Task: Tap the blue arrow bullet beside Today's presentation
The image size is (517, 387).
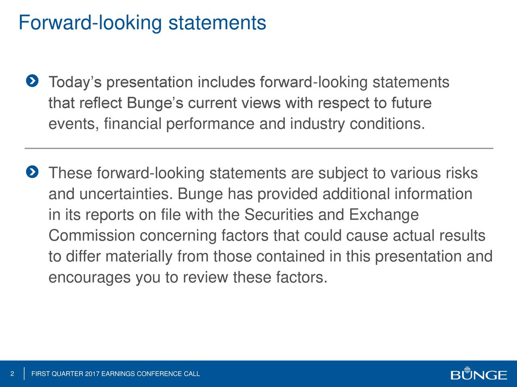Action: (x=32, y=81)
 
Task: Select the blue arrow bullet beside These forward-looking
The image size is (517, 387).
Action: (x=32, y=172)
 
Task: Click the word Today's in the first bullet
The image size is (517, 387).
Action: (x=75, y=83)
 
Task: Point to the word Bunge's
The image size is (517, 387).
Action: (x=155, y=103)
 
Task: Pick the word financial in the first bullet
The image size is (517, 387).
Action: (x=132, y=124)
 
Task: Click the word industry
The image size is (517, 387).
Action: (x=317, y=124)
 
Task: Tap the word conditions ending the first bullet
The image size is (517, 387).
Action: (x=387, y=124)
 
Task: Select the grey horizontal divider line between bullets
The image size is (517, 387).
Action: (x=259, y=148)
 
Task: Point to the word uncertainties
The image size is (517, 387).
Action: (x=126, y=194)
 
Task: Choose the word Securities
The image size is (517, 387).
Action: (x=279, y=215)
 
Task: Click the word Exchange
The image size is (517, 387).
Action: (x=384, y=215)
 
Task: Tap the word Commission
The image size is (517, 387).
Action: (x=92, y=235)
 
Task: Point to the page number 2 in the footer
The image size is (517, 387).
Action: (x=12, y=374)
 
